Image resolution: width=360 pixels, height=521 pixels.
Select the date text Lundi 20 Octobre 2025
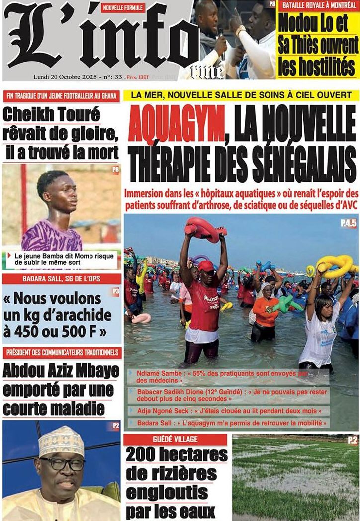tap(64, 77)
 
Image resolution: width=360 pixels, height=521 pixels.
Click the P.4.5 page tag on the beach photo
tap(348, 224)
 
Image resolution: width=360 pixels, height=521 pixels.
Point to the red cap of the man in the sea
tap(205, 265)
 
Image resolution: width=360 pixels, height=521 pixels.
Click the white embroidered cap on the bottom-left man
tap(61, 440)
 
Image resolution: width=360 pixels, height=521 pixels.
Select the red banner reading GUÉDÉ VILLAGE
tap(175, 439)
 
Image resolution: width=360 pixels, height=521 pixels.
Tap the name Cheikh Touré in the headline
tap(52, 115)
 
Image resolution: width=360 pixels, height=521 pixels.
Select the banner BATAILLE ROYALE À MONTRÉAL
tap(318, 6)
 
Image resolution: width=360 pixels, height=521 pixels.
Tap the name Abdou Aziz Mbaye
tap(61, 371)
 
